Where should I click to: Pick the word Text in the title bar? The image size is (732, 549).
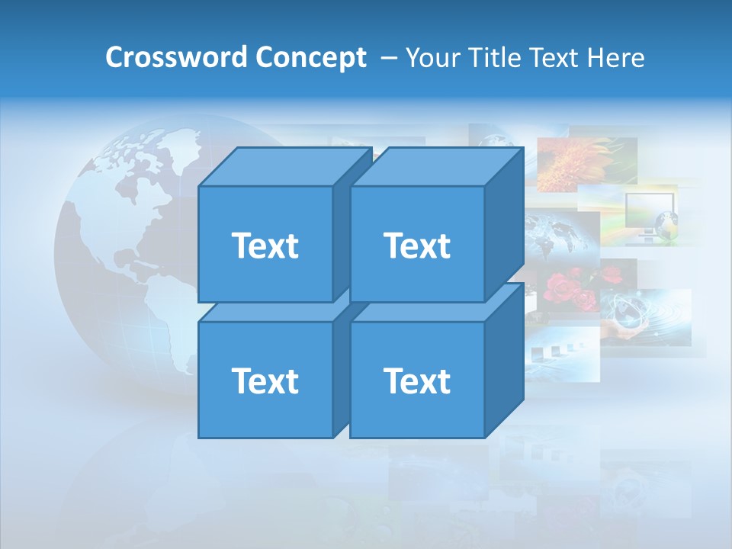(x=556, y=57)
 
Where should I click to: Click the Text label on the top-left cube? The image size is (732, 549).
(x=265, y=246)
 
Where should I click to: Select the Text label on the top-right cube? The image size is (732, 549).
(x=417, y=246)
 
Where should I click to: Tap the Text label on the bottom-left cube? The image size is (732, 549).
(x=265, y=380)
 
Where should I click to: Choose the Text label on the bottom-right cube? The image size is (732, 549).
(x=417, y=380)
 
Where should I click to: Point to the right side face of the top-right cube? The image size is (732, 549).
(x=504, y=225)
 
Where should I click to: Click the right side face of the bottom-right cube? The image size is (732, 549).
(x=504, y=360)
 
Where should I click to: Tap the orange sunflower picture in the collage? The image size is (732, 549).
(x=586, y=162)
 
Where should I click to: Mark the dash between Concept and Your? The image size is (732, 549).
(x=387, y=58)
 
